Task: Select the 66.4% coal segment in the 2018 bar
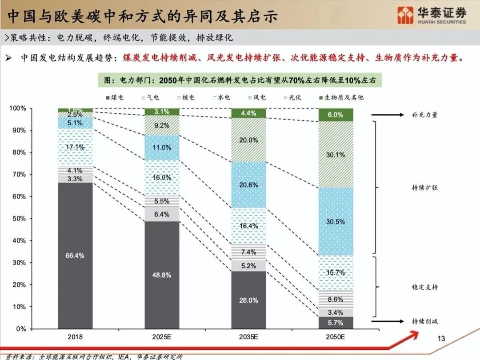tap(76, 256)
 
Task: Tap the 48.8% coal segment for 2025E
tap(162, 275)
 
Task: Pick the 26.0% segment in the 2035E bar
tap(248, 300)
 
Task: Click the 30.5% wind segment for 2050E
tap(336, 221)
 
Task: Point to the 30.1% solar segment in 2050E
tap(336, 155)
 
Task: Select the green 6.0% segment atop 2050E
tap(336, 115)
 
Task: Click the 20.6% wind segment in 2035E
tap(248, 185)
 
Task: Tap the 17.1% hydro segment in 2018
tap(76, 147)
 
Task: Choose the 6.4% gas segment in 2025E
tap(162, 214)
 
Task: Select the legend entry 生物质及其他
tap(340, 97)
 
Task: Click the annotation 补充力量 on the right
tap(424, 115)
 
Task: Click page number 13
tap(441, 339)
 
